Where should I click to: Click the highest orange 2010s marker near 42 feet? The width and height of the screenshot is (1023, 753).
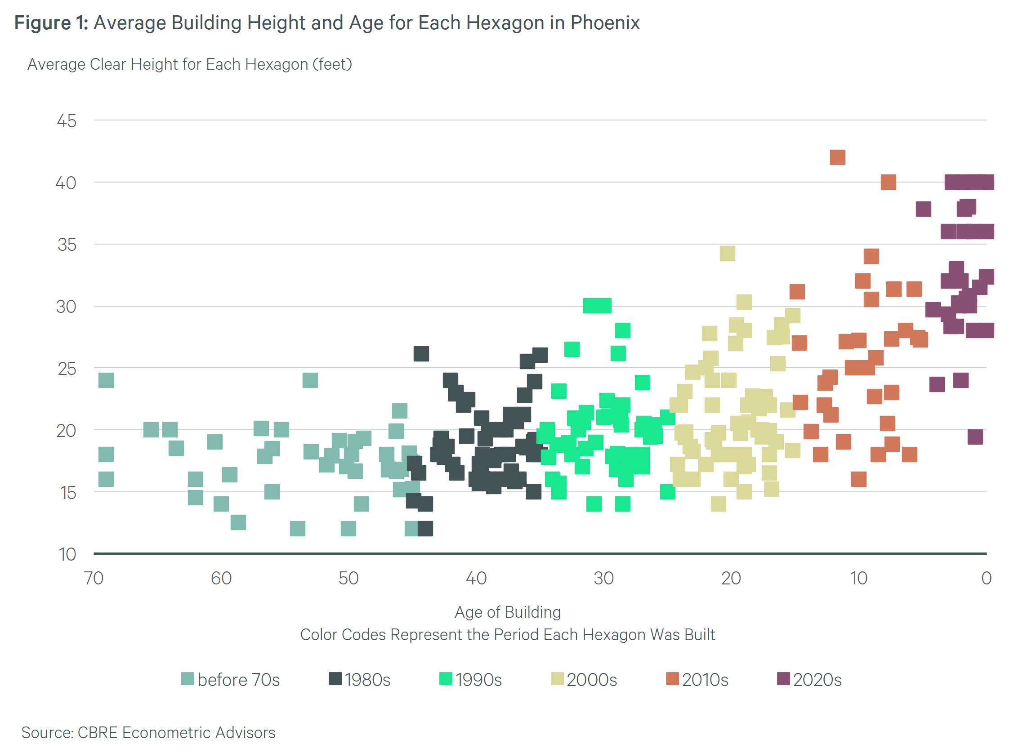(x=837, y=157)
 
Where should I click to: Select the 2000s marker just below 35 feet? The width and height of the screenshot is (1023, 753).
(x=727, y=254)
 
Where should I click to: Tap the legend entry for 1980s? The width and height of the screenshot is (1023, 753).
(x=360, y=680)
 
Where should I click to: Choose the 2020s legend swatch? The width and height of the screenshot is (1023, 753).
(x=783, y=679)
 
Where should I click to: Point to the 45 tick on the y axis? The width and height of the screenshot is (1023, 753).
(x=67, y=121)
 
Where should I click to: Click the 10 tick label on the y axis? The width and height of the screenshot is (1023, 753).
(x=67, y=554)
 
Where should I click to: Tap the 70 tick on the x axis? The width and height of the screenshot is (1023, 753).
(x=94, y=579)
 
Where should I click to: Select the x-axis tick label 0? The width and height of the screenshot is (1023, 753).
(x=986, y=579)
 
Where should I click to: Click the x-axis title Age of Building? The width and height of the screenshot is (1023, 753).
(x=507, y=612)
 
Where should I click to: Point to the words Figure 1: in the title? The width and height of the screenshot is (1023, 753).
(x=51, y=23)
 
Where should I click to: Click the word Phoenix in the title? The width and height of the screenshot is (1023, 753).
(x=605, y=23)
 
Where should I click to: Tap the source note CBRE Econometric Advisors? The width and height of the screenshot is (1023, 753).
(x=176, y=732)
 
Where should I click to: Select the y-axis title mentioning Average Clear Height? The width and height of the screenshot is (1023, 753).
(x=190, y=64)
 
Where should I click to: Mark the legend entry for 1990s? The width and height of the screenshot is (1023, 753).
(x=470, y=680)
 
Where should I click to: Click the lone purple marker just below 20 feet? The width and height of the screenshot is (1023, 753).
(x=975, y=437)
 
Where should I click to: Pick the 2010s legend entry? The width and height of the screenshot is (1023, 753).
(x=697, y=680)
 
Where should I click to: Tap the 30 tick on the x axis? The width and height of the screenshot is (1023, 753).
(x=603, y=579)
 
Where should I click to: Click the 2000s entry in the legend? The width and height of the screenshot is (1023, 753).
(x=584, y=680)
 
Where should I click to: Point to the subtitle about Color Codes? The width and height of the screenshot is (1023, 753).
(x=507, y=634)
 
